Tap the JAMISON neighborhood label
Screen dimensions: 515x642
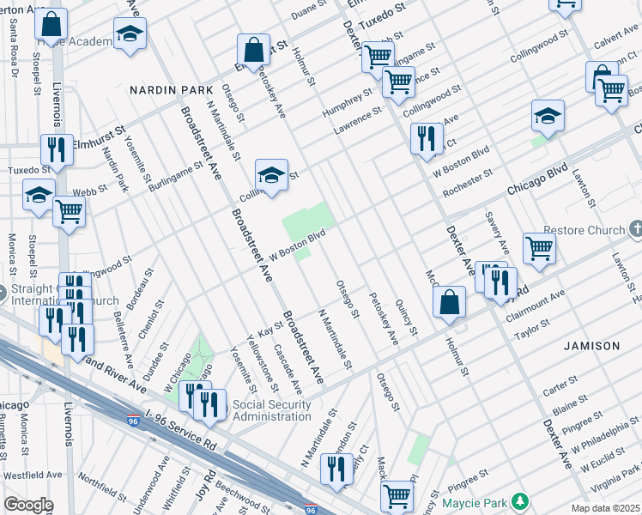coord(591,345)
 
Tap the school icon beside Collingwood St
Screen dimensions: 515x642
coord(270,177)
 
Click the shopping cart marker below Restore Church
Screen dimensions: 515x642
coord(539,249)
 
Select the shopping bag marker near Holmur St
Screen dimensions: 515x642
coord(450,303)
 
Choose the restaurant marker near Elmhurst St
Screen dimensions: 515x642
coord(58,149)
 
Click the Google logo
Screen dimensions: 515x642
coord(28,505)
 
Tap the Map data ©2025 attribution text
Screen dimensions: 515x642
coord(604,508)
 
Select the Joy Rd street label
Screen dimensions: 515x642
coord(208,489)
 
